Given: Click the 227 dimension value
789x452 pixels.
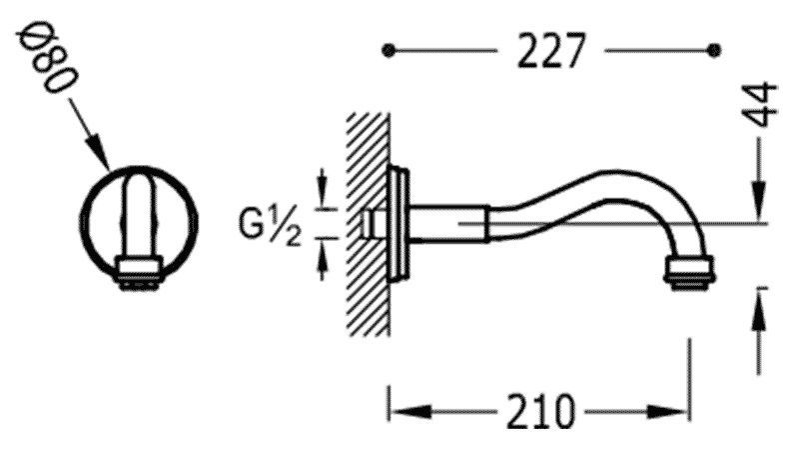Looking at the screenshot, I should pyautogui.click(x=549, y=51).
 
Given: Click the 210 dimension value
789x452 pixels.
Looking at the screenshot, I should pyautogui.click(x=538, y=410).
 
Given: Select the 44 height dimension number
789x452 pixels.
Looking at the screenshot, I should pyautogui.click(x=764, y=104).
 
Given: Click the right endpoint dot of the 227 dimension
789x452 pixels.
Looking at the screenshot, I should pyautogui.click(x=713, y=49).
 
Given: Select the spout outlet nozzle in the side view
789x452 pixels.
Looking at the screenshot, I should pyautogui.click(x=688, y=272).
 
